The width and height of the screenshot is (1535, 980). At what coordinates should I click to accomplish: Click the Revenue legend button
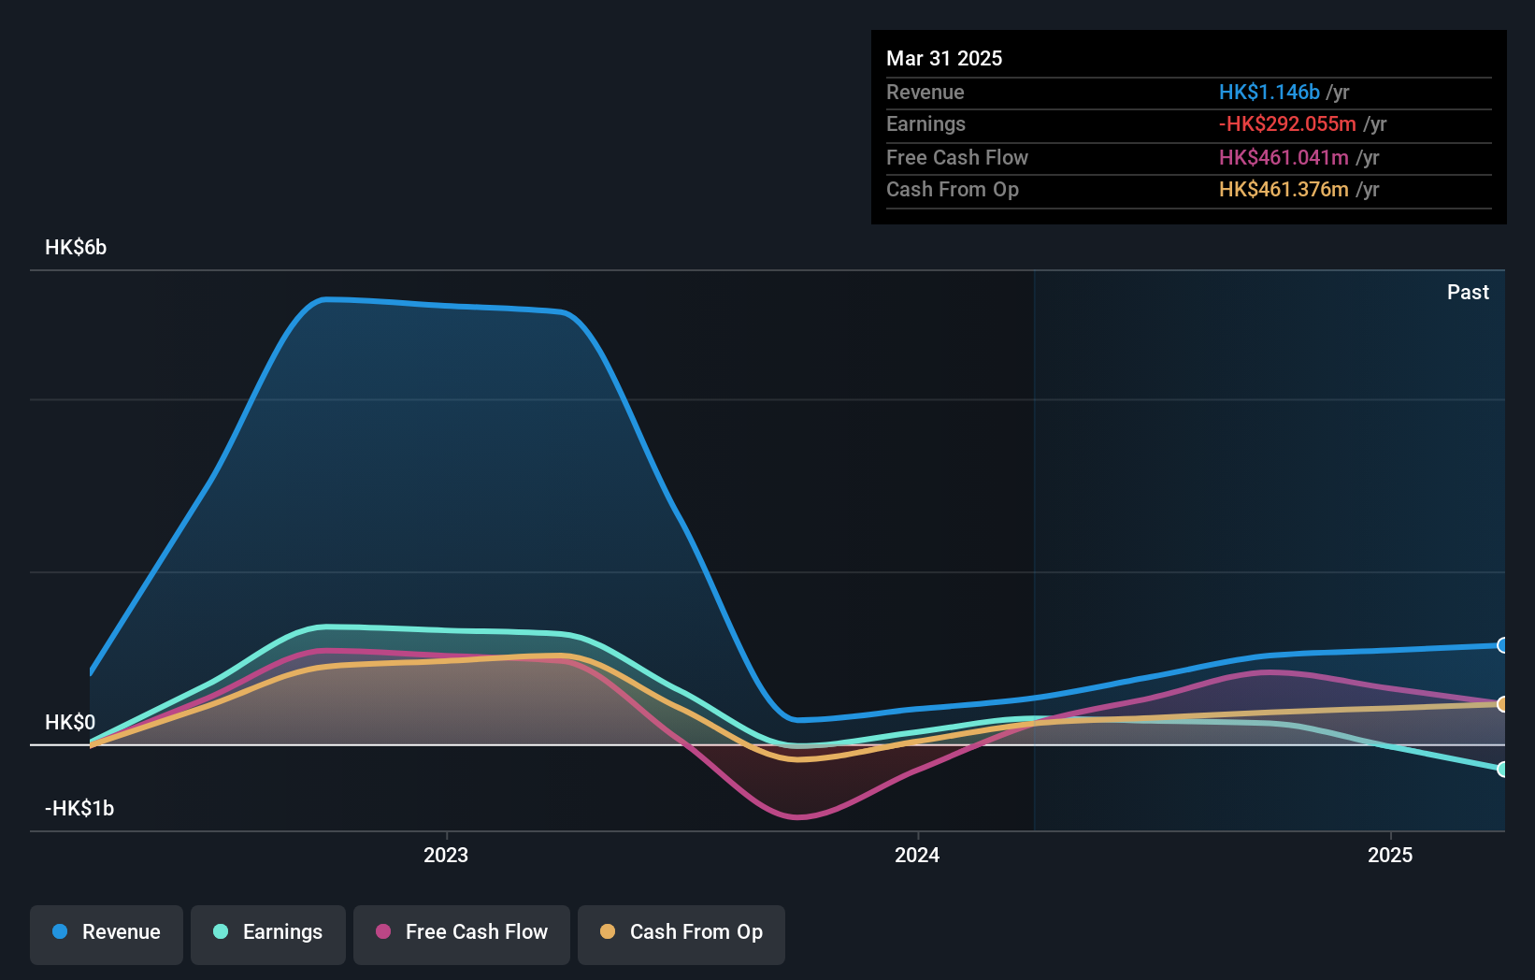(107, 933)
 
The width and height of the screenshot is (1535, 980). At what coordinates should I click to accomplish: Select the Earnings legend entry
(268, 933)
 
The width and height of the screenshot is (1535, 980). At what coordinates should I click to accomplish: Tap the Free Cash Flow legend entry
(462, 933)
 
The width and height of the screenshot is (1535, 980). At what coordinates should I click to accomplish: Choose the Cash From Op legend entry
(681, 933)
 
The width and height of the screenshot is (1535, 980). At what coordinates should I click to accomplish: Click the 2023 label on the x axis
(446, 856)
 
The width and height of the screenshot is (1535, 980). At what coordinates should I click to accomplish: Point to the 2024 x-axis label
(917, 856)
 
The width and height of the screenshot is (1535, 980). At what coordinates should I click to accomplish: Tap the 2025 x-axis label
(1390, 856)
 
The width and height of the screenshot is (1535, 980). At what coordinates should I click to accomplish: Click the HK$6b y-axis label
(76, 248)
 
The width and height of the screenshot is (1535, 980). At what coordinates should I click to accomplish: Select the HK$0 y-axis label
(70, 723)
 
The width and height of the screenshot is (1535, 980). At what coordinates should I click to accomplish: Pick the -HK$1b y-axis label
(79, 809)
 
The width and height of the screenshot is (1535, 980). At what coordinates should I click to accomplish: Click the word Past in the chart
(1468, 293)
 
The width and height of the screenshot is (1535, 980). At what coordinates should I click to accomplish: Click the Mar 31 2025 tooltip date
(944, 59)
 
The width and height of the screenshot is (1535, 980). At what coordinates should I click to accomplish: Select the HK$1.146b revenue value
(1269, 93)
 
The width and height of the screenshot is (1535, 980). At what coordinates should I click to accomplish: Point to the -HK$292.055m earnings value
(1287, 124)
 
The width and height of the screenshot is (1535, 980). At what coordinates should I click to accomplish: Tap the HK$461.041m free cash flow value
(1284, 158)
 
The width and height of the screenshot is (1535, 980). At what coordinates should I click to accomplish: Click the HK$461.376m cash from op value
(1284, 190)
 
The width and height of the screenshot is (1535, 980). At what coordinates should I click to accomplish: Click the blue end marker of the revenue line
(1502, 645)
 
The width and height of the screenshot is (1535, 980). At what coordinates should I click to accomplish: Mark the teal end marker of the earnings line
(1502, 769)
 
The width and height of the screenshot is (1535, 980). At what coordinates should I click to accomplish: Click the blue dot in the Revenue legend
(60, 932)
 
